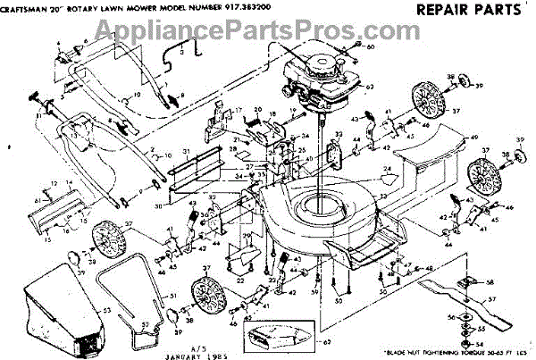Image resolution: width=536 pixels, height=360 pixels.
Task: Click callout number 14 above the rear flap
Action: coord(56,183)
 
